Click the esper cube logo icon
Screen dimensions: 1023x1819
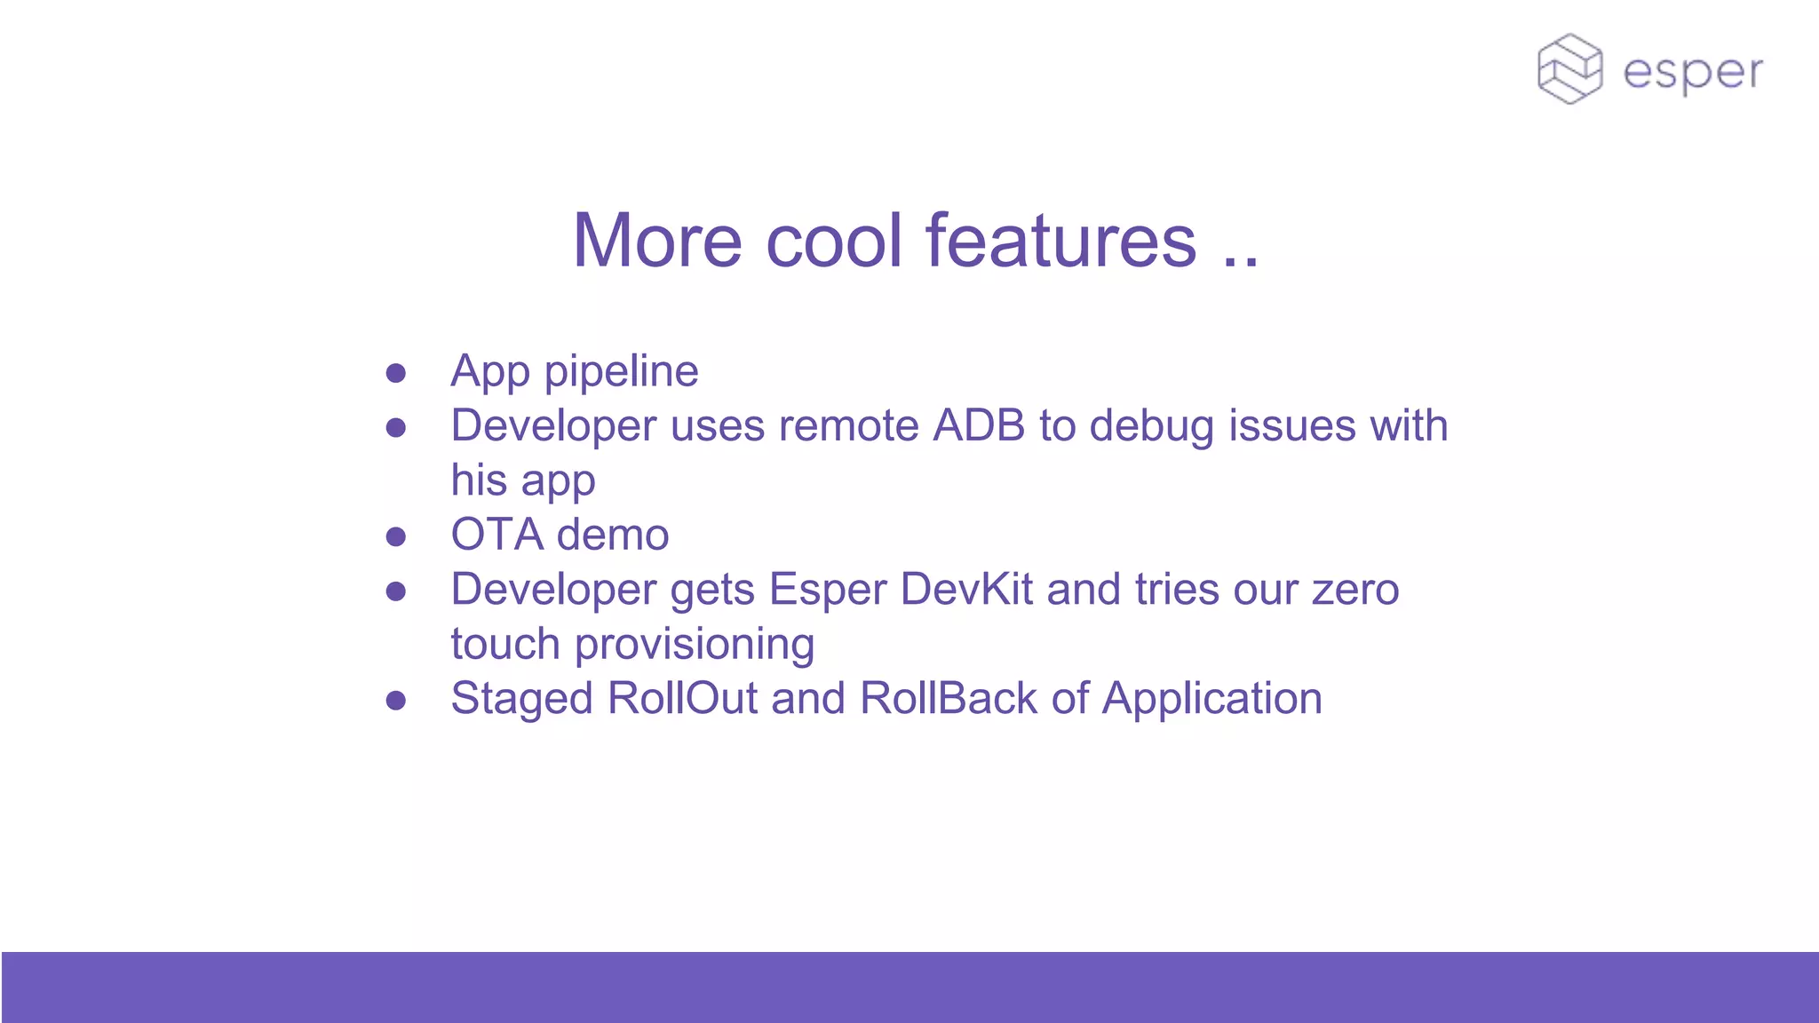point(1569,69)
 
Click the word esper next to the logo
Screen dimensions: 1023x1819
point(1692,73)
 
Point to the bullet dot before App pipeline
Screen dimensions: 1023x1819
point(396,373)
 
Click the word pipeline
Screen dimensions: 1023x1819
point(621,371)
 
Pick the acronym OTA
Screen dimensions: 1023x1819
point(496,535)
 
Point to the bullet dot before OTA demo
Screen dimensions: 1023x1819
point(396,536)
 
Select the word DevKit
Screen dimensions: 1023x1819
point(966,590)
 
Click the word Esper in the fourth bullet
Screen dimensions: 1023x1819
point(828,590)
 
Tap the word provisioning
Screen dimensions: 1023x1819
point(695,645)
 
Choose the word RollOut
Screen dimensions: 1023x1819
point(682,698)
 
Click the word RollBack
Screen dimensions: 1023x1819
point(949,698)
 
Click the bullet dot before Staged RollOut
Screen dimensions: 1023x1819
point(396,701)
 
